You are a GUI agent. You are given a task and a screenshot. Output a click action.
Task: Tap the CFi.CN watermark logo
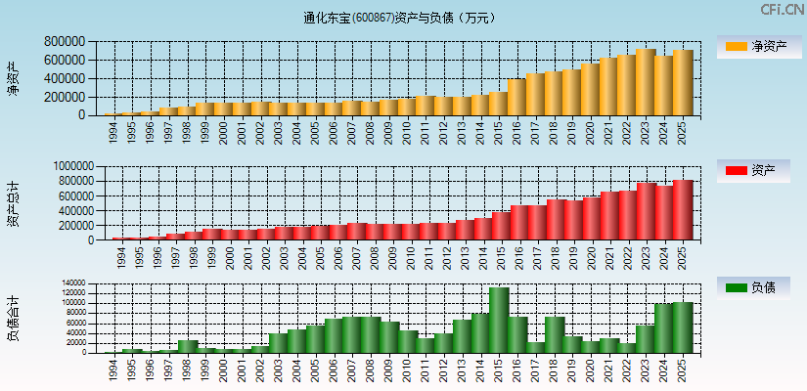coord(782,10)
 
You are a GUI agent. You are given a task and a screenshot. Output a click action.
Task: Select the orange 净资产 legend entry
coord(755,46)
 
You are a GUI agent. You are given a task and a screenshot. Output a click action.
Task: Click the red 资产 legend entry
coord(755,171)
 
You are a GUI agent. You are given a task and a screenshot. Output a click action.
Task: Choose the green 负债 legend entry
coord(755,287)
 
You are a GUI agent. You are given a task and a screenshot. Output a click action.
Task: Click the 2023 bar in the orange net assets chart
coord(645,83)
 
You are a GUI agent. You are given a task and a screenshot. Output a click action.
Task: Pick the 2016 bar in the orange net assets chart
coord(516,98)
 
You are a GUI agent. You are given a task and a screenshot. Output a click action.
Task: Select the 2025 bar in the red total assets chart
coord(682,210)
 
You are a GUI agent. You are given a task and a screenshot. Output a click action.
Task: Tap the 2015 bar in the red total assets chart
coord(500,226)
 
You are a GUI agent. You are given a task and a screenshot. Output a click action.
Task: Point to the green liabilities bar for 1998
coord(188,346)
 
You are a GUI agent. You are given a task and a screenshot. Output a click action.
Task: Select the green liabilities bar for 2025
coord(682,327)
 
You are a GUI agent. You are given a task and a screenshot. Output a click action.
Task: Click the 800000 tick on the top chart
coord(64,42)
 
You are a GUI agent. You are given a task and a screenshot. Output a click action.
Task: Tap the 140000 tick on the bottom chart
coord(72,283)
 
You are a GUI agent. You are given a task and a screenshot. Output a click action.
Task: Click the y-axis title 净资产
coord(13,78)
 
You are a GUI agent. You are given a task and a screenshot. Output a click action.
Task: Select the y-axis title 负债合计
coord(13,317)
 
